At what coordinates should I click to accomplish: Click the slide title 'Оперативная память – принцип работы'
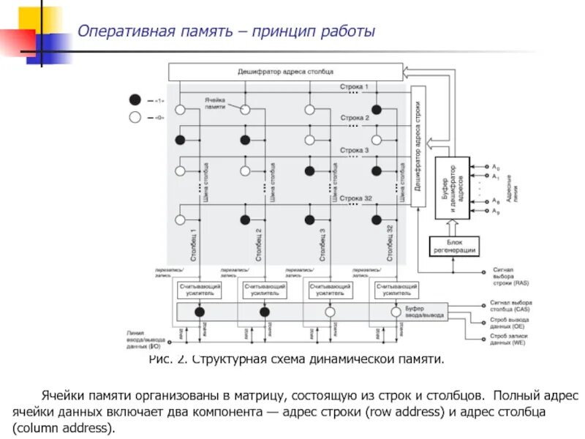point(227,32)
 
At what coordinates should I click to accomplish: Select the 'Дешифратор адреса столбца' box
point(285,72)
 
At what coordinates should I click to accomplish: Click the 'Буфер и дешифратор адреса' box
point(453,187)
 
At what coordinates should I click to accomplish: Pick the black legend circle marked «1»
point(135,100)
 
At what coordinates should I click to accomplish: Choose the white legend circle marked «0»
point(135,117)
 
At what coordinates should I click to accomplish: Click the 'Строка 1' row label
point(355,87)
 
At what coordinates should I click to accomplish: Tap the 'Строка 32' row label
point(356,198)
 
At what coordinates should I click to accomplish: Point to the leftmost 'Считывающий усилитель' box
point(199,290)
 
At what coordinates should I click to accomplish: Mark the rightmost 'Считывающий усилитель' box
point(397,290)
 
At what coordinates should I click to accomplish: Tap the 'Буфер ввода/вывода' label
point(425,312)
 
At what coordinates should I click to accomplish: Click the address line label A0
point(496,167)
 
